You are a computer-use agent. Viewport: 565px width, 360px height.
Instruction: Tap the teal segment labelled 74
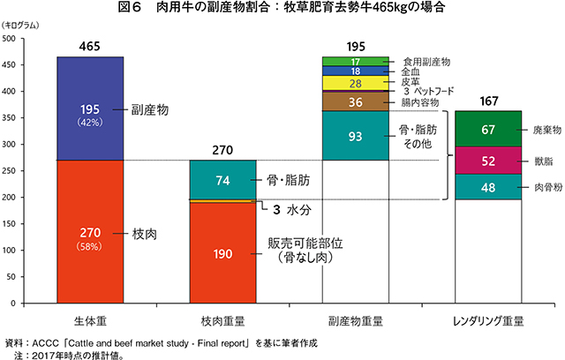(223, 180)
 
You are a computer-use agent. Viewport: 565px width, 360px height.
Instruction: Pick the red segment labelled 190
(223, 253)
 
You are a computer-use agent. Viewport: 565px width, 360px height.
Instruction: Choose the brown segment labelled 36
(356, 101)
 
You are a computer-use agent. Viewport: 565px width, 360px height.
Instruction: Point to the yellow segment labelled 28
(356, 83)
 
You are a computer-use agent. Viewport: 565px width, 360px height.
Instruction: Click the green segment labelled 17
(356, 60)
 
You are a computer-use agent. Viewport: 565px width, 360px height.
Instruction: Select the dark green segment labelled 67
(489, 129)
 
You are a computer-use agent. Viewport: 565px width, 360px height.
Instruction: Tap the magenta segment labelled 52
(489, 161)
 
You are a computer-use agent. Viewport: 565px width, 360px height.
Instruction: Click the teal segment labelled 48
(489, 186)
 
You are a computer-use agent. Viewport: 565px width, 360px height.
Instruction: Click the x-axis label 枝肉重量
(223, 320)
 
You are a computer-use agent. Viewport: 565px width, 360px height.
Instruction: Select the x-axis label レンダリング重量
(489, 320)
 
